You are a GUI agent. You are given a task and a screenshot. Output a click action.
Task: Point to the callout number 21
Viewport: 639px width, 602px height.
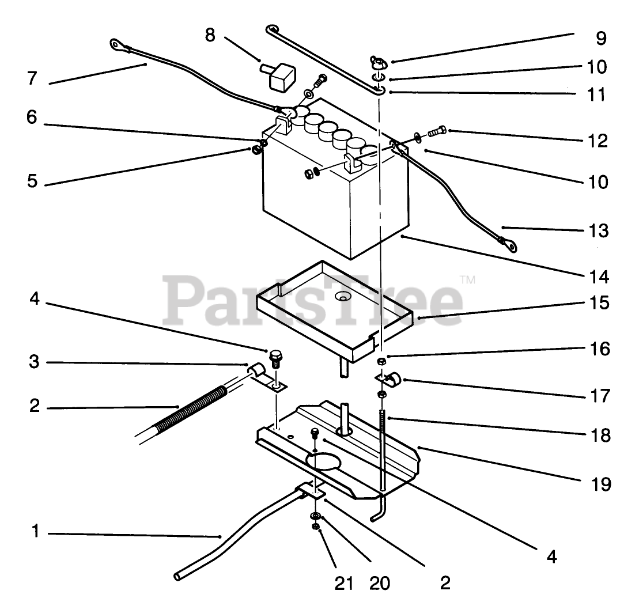point(344,583)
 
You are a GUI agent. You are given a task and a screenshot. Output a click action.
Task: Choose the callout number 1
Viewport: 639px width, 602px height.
point(35,532)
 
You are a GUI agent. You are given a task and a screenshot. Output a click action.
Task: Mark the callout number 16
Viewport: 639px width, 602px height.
point(599,349)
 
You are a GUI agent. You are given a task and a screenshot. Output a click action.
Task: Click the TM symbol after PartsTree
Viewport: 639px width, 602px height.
point(468,281)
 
